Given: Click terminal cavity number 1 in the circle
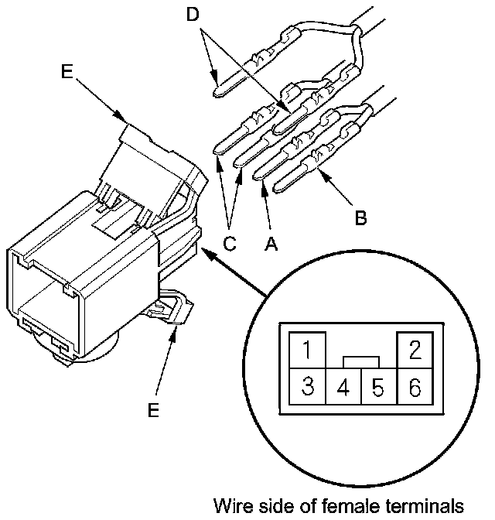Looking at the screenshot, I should click(x=307, y=350).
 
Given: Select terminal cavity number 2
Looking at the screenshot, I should click(x=414, y=350).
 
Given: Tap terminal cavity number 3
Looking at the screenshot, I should click(x=307, y=386).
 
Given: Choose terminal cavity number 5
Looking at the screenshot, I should click(x=379, y=386).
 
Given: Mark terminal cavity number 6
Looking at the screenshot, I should click(x=414, y=386).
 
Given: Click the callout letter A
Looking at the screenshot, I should click(x=271, y=244).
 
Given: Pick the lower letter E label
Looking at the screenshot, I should click(x=153, y=410).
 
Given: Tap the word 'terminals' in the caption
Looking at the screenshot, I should click(x=430, y=506).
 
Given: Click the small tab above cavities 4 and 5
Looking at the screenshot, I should click(x=361, y=361).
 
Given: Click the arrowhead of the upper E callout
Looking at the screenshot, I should click(x=123, y=118).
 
